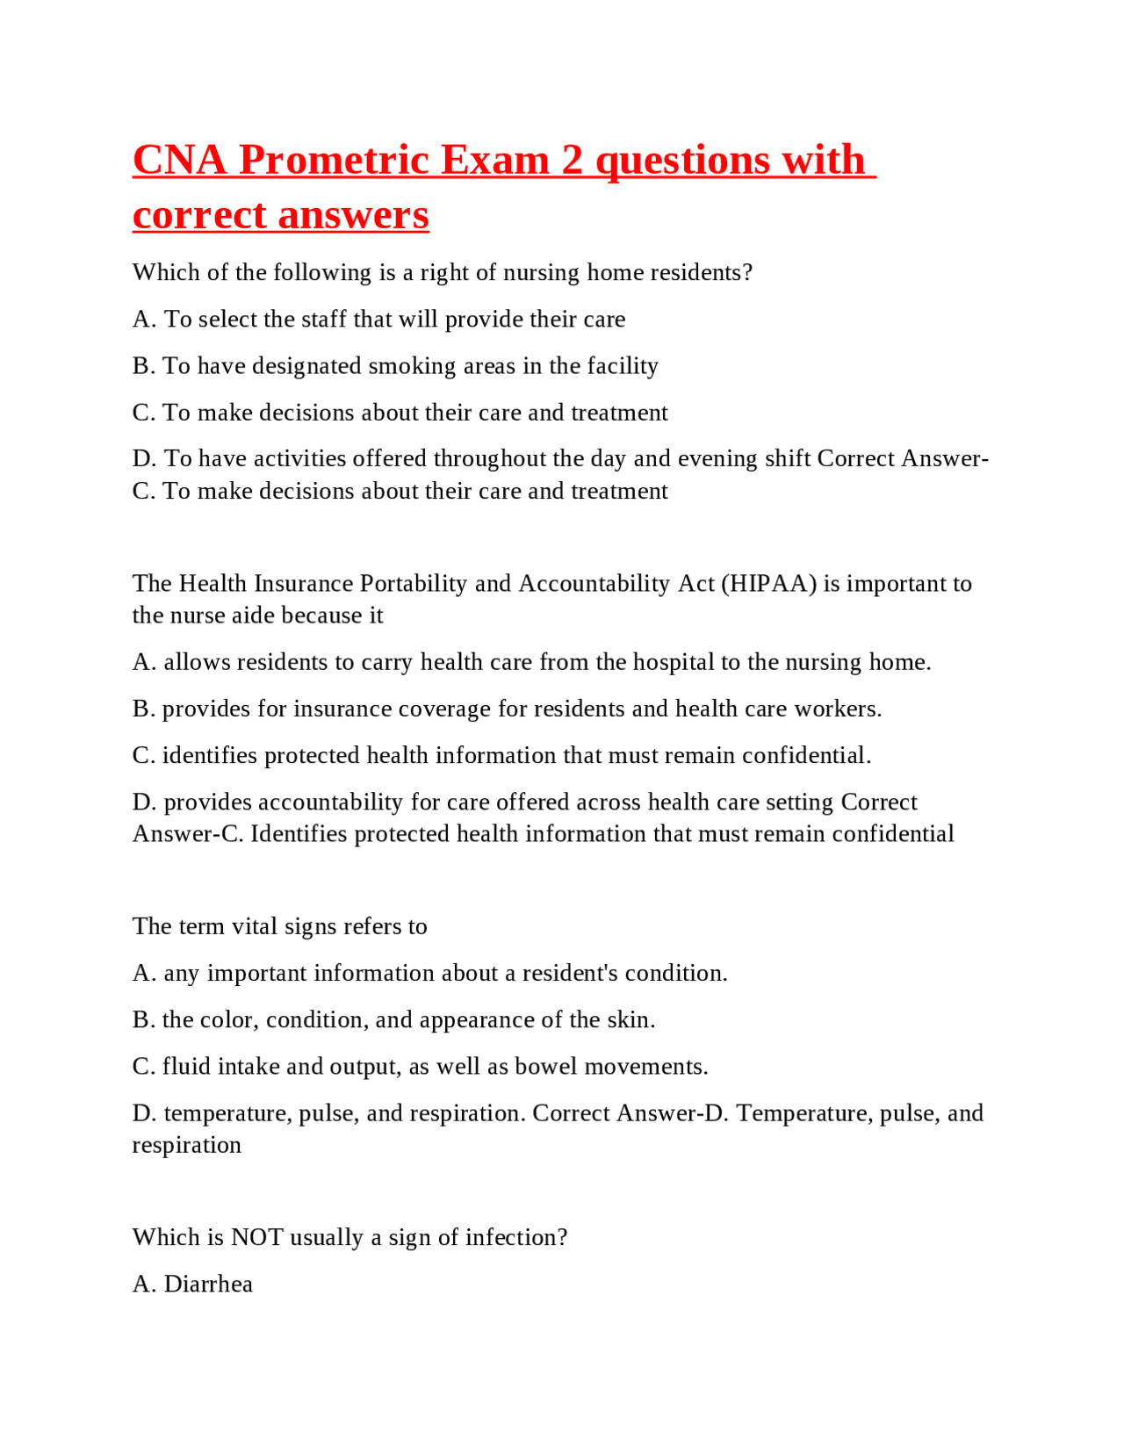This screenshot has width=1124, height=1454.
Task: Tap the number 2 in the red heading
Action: pyautogui.click(x=572, y=161)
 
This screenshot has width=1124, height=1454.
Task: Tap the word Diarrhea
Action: pyautogui.click(x=208, y=1285)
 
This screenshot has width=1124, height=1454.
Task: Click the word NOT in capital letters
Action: pyautogui.click(x=256, y=1238)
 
